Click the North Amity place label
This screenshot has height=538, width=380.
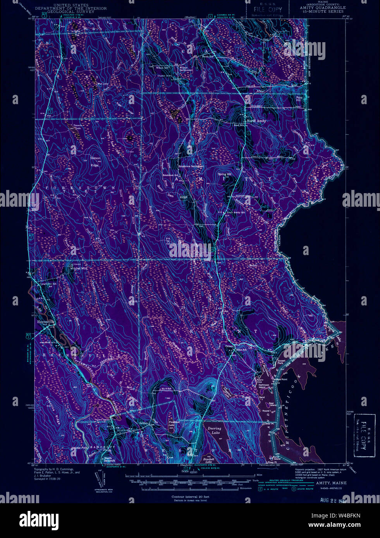[256, 121]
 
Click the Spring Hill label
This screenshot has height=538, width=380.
[224, 174]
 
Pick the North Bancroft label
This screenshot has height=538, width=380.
[110, 459]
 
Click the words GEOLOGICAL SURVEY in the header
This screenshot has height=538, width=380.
[64, 12]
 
